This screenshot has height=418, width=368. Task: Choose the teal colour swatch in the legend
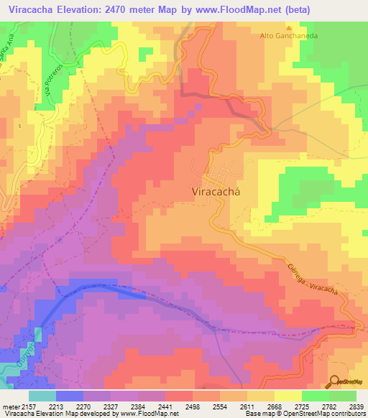tap(42, 396)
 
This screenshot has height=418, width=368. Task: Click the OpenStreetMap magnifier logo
tap(334, 382)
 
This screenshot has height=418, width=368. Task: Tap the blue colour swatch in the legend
tap(70, 396)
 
